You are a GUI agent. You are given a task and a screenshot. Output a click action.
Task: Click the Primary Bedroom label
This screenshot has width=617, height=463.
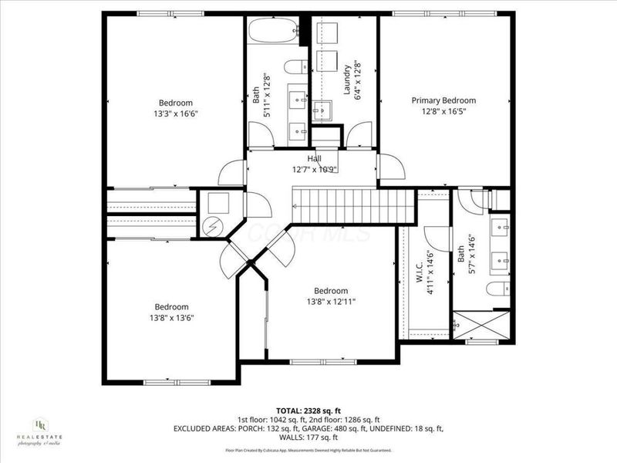[443, 100]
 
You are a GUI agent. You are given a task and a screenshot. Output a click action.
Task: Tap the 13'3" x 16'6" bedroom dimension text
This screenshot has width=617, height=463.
[176, 113]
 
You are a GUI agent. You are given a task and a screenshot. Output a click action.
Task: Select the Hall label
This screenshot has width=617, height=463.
[315, 159]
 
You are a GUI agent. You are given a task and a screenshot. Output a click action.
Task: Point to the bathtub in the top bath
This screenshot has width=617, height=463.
[273, 32]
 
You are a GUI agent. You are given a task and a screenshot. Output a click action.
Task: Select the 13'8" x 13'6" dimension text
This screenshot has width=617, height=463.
[171, 317]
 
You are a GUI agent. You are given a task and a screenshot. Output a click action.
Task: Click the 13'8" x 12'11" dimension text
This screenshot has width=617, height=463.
[330, 302]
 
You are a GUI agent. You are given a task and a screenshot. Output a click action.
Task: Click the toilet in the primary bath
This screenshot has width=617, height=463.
[498, 289]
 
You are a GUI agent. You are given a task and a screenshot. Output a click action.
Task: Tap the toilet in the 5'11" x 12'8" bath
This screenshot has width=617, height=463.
[295, 67]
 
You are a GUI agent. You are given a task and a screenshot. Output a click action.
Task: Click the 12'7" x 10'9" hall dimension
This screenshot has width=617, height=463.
[315, 169]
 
